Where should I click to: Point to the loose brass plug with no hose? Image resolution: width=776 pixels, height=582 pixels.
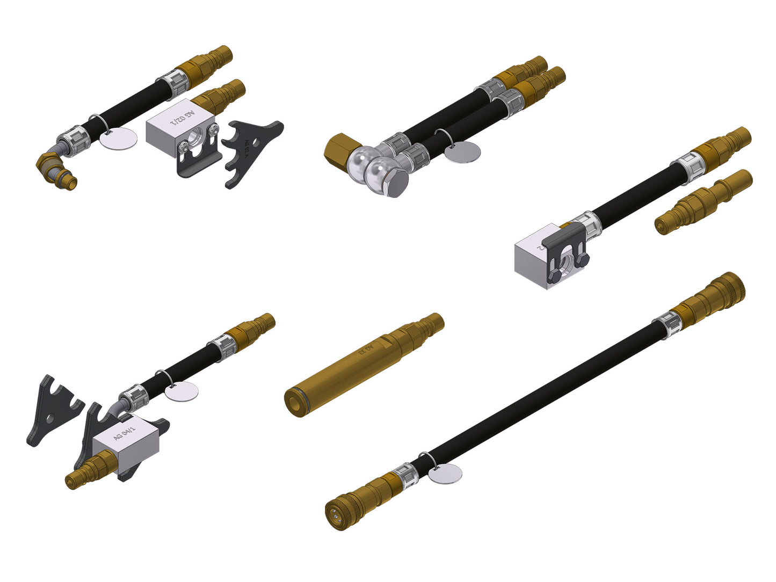[704, 202]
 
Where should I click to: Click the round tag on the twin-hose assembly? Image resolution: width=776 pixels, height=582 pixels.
[463, 152]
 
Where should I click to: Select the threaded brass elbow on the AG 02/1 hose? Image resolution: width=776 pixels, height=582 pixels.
[56, 169]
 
